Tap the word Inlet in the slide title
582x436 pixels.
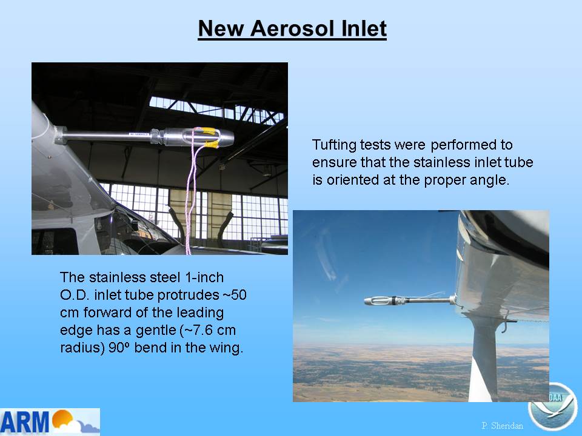[364, 28]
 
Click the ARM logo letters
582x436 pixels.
[25, 422]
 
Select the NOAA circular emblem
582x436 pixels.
[553, 407]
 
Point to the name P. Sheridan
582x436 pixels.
[502, 426]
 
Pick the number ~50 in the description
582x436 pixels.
[235, 295]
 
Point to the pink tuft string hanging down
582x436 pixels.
[192, 196]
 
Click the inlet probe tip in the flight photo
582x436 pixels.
[366, 301]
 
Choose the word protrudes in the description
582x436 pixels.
[188, 296]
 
